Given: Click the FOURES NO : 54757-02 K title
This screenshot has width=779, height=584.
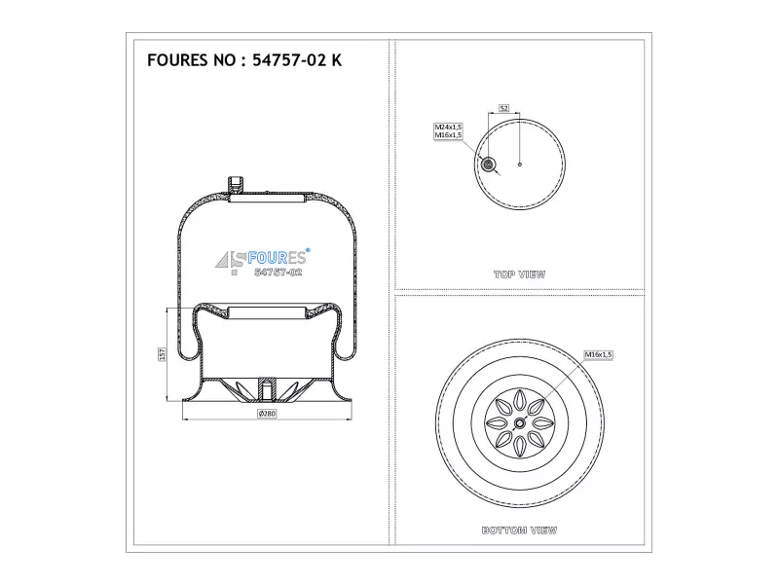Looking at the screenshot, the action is pos(244,60).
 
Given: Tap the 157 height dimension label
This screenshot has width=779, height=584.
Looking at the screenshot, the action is pos(162,354).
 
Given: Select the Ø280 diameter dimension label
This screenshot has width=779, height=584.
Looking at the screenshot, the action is pos(267,413).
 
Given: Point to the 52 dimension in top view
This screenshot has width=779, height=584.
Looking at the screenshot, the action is pos(503,108).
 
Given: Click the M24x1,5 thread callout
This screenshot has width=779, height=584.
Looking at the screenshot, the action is pos(448,128).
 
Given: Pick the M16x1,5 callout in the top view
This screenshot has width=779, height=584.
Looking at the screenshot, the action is pos(448,135).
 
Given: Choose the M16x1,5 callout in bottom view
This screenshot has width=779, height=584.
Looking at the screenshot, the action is pos(598,354).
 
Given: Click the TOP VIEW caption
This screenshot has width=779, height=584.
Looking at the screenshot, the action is pos(519,274).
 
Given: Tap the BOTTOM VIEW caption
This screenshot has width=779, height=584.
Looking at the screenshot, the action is pos(519,530).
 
